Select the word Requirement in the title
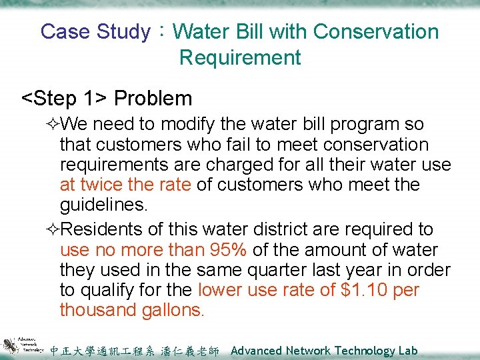(x=240, y=57)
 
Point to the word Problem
(x=153, y=99)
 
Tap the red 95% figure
(x=229, y=250)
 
